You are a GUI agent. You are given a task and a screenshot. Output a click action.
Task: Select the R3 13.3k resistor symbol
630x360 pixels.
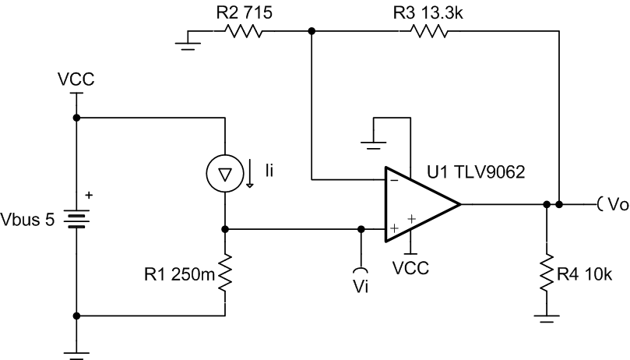point(425,32)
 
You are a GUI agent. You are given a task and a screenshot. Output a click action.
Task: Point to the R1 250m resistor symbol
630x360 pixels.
point(225,274)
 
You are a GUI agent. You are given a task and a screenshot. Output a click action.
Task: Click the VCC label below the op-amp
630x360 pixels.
point(412,266)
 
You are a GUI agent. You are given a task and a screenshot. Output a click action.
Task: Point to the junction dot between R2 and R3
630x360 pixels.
point(311,32)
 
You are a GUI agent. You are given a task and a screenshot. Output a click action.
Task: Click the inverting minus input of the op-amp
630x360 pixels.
point(393,180)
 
